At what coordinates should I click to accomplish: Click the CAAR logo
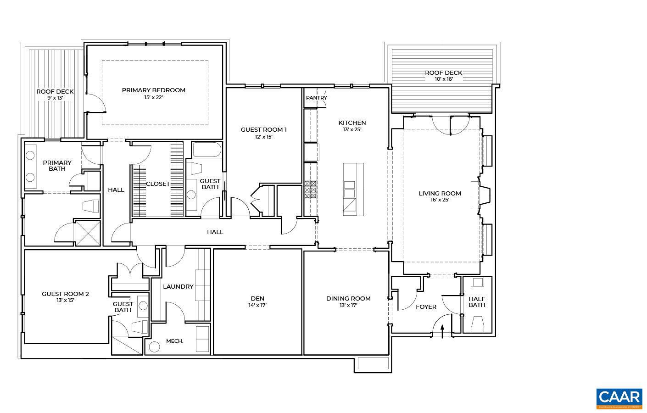pyautogui.click(x=619, y=398)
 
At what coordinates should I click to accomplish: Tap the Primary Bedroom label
pyautogui.click(x=154, y=90)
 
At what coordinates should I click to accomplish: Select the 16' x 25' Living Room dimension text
pyautogui.click(x=440, y=200)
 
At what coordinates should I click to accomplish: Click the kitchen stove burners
pyautogui.click(x=310, y=190)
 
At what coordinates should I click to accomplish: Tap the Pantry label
pyautogui.click(x=317, y=98)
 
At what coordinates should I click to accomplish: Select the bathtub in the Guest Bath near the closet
pyautogui.click(x=206, y=150)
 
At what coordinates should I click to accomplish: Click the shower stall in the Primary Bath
pyautogui.click(x=87, y=233)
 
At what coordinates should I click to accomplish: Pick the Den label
pyautogui.click(x=257, y=298)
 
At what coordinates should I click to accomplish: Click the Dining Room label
pyautogui.click(x=348, y=298)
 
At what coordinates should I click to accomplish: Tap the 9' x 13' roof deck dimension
pyautogui.click(x=55, y=98)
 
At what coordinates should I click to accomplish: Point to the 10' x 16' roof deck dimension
pyautogui.click(x=443, y=79)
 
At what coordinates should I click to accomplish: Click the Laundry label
pyautogui.click(x=178, y=286)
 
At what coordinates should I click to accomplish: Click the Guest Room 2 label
pyautogui.click(x=65, y=294)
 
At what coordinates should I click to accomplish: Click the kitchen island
pyautogui.click(x=353, y=189)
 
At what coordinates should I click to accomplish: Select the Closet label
pyautogui.click(x=158, y=184)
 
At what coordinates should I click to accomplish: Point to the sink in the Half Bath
pyautogui.click(x=478, y=282)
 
